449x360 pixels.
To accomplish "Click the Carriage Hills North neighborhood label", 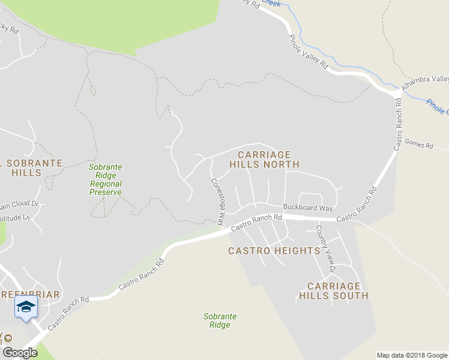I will [x=264, y=159].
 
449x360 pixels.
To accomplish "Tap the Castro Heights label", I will [x=274, y=251].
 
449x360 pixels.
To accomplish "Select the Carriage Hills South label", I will [x=334, y=291].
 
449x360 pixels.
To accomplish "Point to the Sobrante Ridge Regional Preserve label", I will [x=106, y=179].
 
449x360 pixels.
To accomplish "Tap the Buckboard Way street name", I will [x=308, y=208].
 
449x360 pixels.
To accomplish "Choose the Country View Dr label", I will [x=325, y=248].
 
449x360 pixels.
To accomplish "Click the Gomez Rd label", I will [x=419, y=145].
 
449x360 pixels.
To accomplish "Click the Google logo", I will [x=20, y=353].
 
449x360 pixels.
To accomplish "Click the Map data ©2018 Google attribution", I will [x=412, y=355].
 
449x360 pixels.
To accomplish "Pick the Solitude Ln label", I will [x=14, y=217].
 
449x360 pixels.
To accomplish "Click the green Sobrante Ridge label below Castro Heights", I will [x=220, y=320].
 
